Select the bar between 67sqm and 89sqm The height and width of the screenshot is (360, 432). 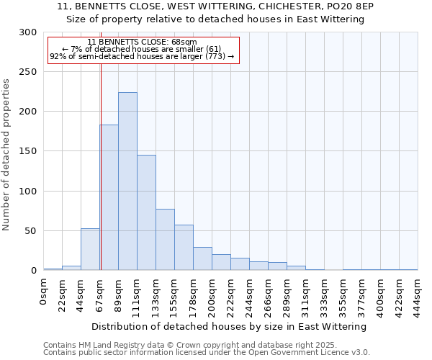[109, 198]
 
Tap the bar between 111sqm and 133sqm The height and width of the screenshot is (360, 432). [146, 212]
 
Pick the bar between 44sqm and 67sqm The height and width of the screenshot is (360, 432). [90, 249]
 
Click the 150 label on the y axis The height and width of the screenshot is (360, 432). [29, 152]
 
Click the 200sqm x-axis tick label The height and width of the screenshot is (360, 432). [212, 294]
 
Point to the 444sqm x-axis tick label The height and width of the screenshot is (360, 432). [418, 294]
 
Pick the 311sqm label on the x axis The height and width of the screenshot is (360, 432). [305, 294]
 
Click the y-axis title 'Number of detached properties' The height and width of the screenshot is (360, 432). [6, 155]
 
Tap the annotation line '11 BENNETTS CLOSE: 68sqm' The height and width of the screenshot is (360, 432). [142, 42]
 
